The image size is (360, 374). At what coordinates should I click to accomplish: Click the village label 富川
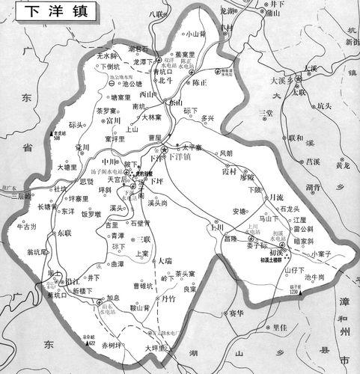[x=113, y=119]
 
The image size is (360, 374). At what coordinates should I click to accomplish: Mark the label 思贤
[x=87, y=182]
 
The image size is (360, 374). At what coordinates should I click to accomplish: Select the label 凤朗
[x=225, y=153]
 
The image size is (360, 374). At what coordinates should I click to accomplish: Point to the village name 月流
[x=276, y=197]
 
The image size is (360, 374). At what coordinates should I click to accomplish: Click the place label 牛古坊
[x=25, y=227]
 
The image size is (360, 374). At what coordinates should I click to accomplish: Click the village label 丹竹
[x=169, y=298]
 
